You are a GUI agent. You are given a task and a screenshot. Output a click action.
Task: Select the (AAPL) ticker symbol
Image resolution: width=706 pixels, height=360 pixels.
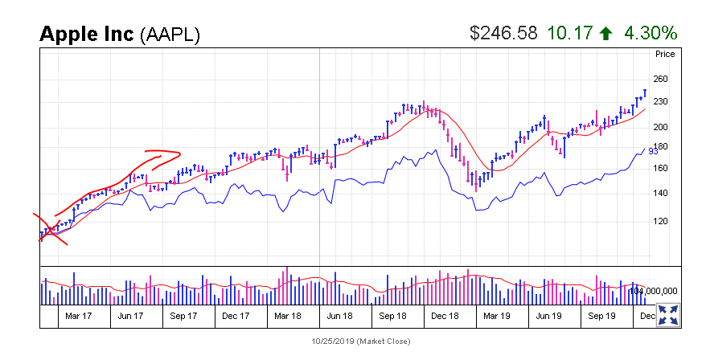[x=170, y=35]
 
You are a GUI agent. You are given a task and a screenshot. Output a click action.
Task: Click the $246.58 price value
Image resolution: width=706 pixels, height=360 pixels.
[x=503, y=33]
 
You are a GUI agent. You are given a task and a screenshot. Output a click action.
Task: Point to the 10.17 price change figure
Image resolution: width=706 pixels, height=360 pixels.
[x=569, y=33]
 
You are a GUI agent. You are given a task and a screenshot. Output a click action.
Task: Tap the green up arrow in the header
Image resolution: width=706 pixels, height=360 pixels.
[x=606, y=34]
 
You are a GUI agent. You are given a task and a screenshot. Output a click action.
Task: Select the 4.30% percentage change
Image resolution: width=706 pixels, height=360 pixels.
[x=649, y=33]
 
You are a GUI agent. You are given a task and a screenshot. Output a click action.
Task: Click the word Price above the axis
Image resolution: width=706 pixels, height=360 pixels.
[x=664, y=55]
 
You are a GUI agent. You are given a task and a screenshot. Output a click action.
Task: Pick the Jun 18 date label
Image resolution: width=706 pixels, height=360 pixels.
[x=339, y=316]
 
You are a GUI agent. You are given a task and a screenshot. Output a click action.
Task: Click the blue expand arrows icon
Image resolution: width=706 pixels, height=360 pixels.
[x=667, y=314]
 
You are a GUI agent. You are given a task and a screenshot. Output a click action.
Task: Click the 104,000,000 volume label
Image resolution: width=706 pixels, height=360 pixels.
[x=653, y=291]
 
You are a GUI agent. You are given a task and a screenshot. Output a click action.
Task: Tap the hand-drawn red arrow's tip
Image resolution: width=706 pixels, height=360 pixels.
[x=179, y=153]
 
